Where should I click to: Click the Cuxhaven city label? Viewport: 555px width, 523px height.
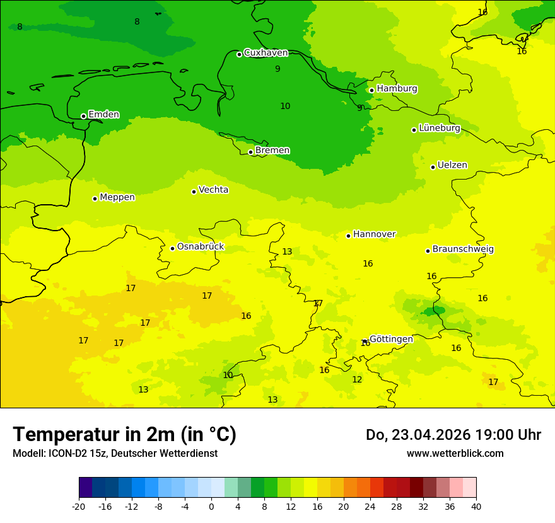pos(266,53)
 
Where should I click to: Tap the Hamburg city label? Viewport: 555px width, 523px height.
pos(397,89)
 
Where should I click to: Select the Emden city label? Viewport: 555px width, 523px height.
pos(103,115)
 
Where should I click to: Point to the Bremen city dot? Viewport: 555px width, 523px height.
pos(250,152)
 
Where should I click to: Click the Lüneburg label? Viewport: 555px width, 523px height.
pos(440,129)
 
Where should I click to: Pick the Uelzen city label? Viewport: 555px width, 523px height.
pos(452,166)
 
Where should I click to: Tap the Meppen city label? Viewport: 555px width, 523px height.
pos(117,197)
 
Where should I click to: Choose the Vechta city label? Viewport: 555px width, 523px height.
pos(213,190)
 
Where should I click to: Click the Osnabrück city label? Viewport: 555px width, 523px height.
pos(201,247)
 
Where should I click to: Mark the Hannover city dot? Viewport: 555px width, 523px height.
pos(348,236)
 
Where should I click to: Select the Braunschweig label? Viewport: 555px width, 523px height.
pos(463,250)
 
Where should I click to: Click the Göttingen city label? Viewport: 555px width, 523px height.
pos(391,340)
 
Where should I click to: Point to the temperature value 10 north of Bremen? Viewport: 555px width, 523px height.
pos(285,106)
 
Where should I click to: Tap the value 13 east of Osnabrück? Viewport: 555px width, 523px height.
pos(287,252)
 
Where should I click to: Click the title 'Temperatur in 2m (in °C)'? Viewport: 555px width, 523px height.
pos(124,435)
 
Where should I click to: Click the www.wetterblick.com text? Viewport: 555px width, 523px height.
pos(455,454)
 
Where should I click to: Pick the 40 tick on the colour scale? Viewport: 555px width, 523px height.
pos(476,507)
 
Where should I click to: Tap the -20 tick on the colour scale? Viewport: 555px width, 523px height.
pos(79,507)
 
